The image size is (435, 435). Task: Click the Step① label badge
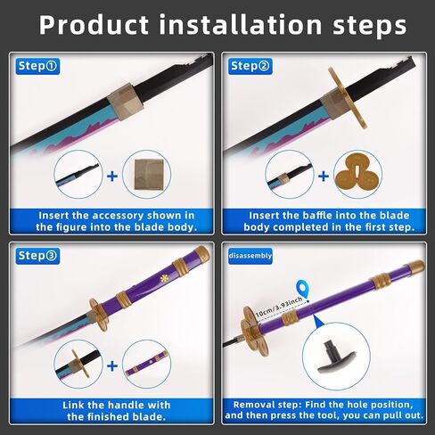pos(37,66)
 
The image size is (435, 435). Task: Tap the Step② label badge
pos(250,66)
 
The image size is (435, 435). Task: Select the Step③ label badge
pos(37,256)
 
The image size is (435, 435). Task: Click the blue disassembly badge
pos(250,256)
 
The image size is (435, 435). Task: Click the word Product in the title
pos(94,25)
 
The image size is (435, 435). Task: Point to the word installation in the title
pos(241,24)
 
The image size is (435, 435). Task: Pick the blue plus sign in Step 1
pos(112,176)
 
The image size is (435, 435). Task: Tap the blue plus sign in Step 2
pos(324,176)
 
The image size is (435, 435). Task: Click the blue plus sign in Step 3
pos(112,365)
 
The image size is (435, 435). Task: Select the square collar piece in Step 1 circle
pos(149,175)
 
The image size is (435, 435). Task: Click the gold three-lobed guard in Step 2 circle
pos(357,176)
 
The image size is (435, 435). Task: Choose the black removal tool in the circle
pos(336,357)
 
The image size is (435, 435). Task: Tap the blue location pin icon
pos(303,290)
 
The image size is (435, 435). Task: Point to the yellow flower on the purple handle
pos(164,278)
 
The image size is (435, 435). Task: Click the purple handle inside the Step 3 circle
pos(147,364)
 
